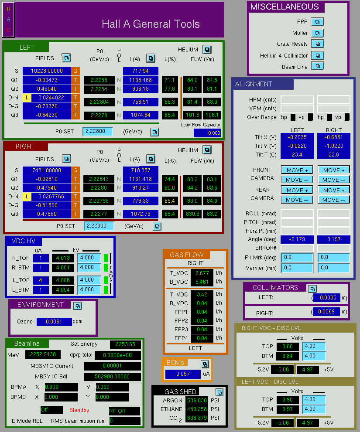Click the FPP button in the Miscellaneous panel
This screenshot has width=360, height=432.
click(x=317, y=22)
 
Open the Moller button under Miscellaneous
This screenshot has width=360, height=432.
click(x=317, y=33)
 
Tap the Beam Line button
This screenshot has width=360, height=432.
click(x=318, y=66)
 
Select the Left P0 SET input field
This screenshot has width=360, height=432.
click(x=98, y=131)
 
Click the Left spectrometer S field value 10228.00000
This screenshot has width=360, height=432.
click(x=47, y=71)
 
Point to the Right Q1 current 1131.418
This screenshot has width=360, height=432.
click(x=141, y=179)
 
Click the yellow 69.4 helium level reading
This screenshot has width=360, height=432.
click(x=170, y=201)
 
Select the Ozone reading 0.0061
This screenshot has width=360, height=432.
click(x=54, y=322)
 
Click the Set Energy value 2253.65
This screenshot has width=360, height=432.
click(x=125, y=344)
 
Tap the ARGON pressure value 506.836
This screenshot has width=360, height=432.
click(x=197, y=400)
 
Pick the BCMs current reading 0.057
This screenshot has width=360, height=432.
click(x=183, y=374)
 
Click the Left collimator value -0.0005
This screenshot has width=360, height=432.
click(x=327, y=298)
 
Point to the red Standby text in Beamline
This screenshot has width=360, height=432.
click(x=79, y=410)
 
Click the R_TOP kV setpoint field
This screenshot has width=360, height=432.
click(x=89, y=258)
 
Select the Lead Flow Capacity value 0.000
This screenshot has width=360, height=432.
click(x=207, y=133)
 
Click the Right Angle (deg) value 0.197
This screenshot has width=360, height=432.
click(x=334, y=239)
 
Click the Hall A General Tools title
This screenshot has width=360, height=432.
click(x=151, y=24)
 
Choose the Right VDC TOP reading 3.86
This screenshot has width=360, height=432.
click(x=287, y=346)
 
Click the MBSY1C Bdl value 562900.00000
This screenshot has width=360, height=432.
click(x=112, y=377)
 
